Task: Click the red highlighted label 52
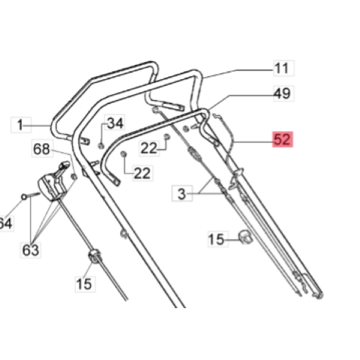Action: [282, 140]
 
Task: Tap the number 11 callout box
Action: [282, 68]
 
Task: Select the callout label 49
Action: [282, 94]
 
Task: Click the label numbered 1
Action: [21, 125]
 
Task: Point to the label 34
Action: [115, 123]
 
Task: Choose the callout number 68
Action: [42, 149]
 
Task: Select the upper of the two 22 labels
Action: [149, 148]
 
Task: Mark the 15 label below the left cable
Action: [85, 284]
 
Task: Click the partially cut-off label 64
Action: [6, 224]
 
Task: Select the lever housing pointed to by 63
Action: [55, 184]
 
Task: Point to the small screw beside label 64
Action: [25, 196]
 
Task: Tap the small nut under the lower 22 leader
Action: [123, 155]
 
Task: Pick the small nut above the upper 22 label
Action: [167, 135]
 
